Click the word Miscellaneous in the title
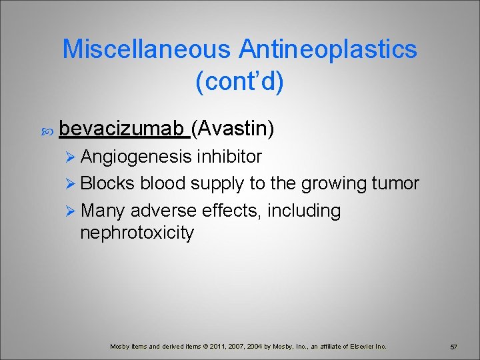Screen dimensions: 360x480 coord(147,49)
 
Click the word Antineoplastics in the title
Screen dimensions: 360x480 coord(328,49)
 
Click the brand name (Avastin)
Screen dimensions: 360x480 coord(233,128)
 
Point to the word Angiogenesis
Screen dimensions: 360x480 coord(137,157)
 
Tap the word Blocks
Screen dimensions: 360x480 coord(107,183)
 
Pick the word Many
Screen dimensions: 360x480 coord(103,211)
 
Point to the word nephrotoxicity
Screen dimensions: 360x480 coord(137,233)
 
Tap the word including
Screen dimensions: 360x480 coord(305,211)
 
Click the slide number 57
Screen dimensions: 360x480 coord(453,347)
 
